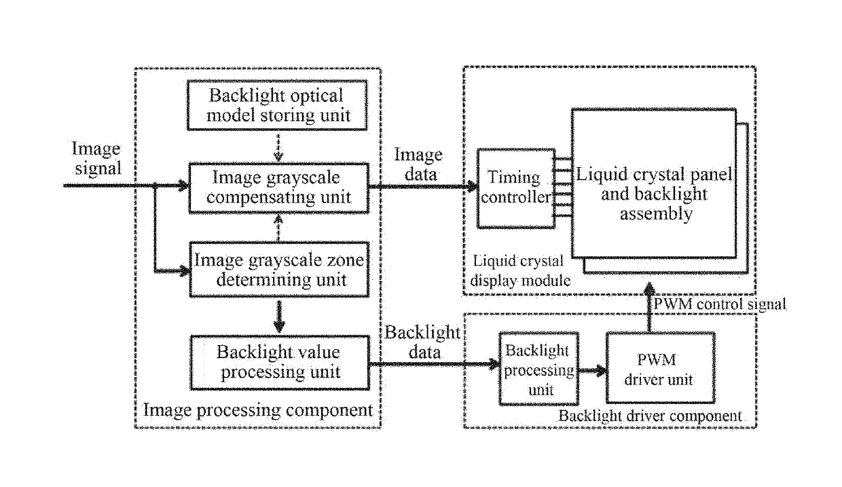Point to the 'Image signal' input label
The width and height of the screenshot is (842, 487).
click(x=97, y=158)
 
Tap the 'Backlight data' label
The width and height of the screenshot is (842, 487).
click(x=423, y=342)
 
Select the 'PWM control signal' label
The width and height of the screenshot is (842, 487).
click(x=720, y=304)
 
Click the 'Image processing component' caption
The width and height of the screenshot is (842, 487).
click(x=258, y=410)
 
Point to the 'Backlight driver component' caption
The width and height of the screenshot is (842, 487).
click(x=651, y=416)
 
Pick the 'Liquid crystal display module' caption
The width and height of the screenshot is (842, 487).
click(x=520, y=271)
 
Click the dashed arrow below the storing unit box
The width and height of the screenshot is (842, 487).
click(x=278, y=147)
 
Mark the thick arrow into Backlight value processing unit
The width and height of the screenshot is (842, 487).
click(x=279, y=317)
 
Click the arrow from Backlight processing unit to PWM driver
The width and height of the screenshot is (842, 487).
click(x=592, y=370)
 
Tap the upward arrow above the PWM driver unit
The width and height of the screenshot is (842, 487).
click(x=650, y=308)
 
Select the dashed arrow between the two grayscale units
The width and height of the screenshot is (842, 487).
click(x=278, y=228)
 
